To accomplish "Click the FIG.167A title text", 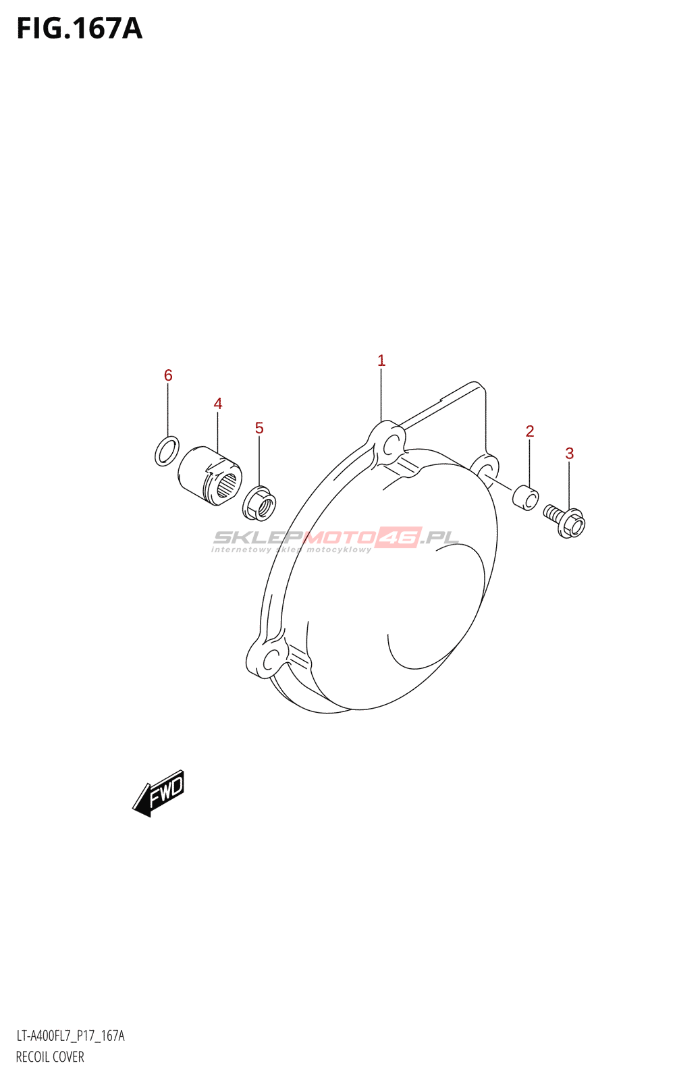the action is pos(79,28).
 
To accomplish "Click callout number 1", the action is pos(381,360).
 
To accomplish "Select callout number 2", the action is pos(530,431).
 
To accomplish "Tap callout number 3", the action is pos(570,454).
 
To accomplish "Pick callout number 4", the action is pos(218,404).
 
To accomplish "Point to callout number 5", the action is pos(259,428).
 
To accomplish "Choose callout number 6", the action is pos(168,375).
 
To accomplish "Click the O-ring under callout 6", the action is pos(167,451).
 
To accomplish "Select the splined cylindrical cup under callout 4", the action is pos(210,475).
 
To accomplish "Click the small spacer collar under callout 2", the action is pos(526,497).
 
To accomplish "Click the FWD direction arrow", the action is pos(159,793).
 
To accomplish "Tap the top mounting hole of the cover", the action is pos(389,444).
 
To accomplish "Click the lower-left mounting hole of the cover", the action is pos(271,659).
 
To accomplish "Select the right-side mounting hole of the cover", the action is pos(485,468).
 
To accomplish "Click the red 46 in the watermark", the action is pos(399,537).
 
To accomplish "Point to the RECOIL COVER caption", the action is pos(50,1057).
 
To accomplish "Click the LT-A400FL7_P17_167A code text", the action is pos(70,1036).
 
